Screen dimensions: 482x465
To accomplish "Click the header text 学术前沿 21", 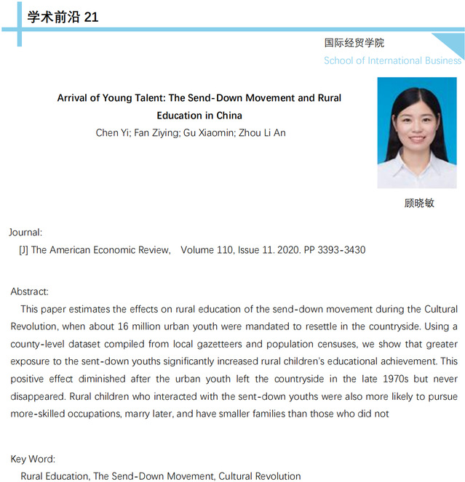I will tap(63, 17).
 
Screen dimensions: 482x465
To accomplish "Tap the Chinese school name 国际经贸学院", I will tap(354, 43).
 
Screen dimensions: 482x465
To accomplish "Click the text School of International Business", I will tap(392, 60).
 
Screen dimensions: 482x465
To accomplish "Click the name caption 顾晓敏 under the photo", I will tap(418, 203).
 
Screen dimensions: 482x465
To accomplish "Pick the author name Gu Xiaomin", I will tap(218, 132).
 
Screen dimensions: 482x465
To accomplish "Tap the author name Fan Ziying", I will tap(160, 132).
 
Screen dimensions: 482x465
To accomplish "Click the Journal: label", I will tap(25, 233).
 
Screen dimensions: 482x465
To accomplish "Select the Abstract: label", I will tap(29, 292).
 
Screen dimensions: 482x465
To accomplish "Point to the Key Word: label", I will tap(33, 459).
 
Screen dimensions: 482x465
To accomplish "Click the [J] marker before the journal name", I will tap(23, 250).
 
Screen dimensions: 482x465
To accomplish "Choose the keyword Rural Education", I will tap(55, 476).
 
